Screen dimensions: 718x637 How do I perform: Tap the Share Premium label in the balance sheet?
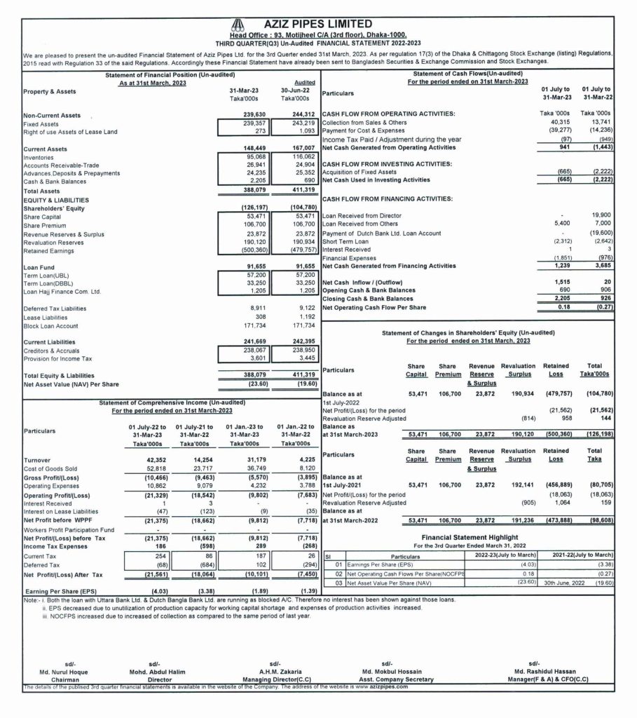44,225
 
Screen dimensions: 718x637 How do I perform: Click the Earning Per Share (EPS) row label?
64,591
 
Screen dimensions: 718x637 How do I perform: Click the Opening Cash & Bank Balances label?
368,290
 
